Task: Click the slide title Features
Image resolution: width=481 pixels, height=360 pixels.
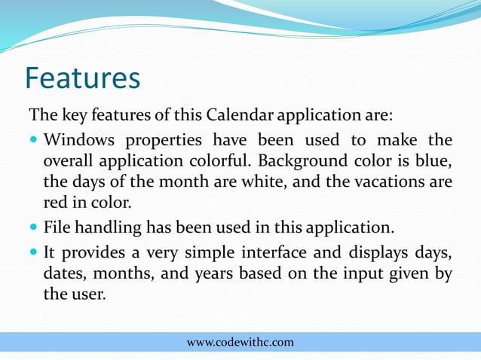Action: coord(82,78)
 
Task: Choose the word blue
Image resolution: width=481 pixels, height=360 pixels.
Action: coord(436,161)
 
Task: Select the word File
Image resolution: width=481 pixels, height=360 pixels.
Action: coord(57,227)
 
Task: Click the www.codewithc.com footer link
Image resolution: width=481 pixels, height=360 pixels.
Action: coord(240,343)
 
